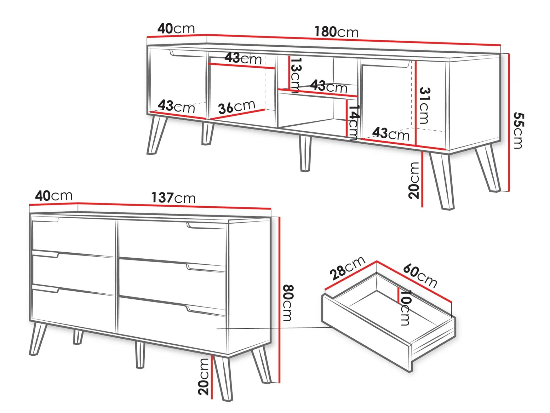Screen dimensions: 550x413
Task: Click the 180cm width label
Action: click(x=336, y=32)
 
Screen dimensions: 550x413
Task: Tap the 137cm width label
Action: click(x=173, y=198)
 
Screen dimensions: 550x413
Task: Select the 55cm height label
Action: click(x=518, y=130)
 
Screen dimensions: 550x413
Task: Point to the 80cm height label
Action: click(x=288, y=303)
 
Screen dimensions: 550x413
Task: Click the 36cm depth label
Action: click(x=237, y=107)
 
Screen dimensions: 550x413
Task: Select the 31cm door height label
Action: click(x=424, y=106)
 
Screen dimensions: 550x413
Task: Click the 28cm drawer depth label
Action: click(x=347, y=268)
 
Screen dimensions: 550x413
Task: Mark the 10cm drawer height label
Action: click(x=405, y=308)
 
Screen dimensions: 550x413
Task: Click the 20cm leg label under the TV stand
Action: click(x=414, y=180)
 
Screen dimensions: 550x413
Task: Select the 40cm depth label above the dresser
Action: click(x=54, y=196)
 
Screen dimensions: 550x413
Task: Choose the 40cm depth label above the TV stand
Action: click(x=176, y=28)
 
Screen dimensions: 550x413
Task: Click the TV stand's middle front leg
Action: click(x=305, y=154)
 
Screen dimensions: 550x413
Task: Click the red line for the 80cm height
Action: click(x=279, y=300)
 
